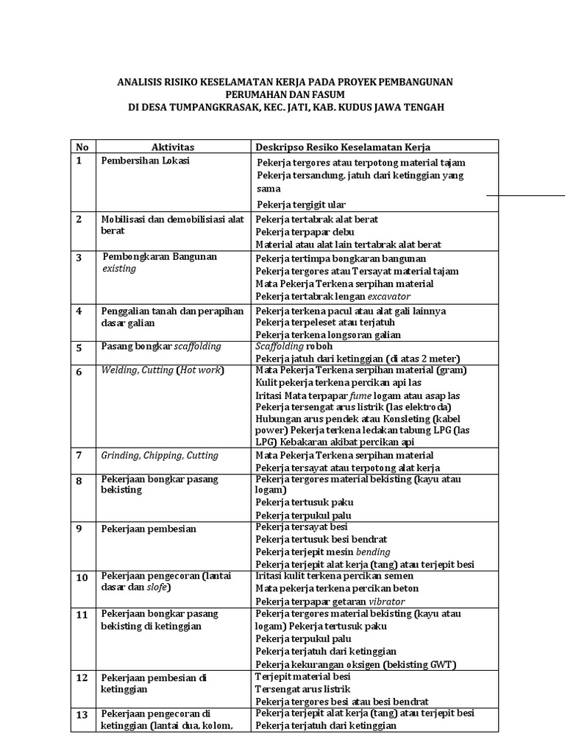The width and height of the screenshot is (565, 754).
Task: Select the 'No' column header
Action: (82, 147)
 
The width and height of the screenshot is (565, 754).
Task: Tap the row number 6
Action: (79, 372)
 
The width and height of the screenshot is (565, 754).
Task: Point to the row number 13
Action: (82, 715)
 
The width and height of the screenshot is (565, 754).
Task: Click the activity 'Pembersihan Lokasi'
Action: (145, 161)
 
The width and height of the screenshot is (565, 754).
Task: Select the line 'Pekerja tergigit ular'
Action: (301, 204)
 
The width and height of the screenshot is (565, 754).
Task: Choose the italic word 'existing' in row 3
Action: (119, 269)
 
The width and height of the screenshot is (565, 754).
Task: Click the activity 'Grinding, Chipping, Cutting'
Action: (160, 456)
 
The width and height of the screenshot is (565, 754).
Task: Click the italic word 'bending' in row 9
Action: (373, 552)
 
